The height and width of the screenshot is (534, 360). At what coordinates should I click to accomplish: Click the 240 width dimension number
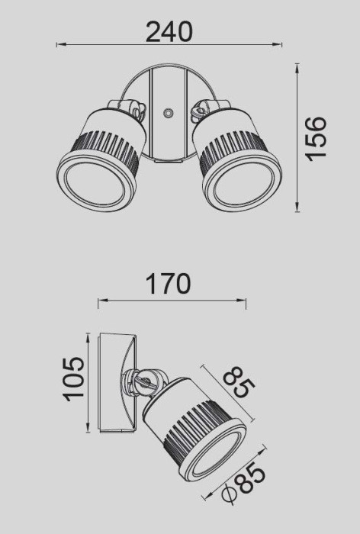[169, 31]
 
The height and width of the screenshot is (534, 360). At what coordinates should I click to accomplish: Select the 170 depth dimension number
[168, 285]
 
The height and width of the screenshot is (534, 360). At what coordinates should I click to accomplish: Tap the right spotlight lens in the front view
[240, 182]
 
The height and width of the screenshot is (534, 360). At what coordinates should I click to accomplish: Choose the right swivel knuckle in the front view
[201, 110]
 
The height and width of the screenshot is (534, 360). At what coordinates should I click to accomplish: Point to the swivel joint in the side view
[145, 379]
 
